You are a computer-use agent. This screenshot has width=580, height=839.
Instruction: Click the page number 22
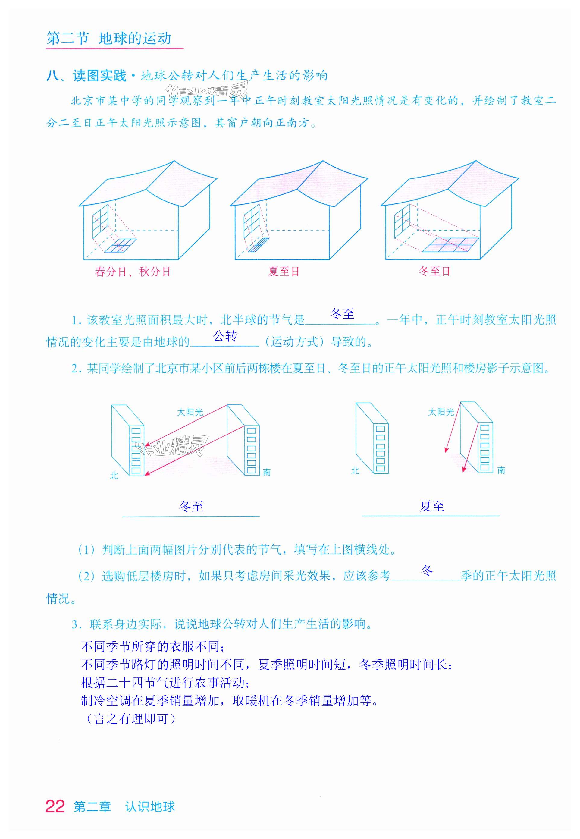[55, 806]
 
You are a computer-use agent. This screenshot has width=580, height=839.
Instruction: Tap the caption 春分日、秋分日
[132, 272]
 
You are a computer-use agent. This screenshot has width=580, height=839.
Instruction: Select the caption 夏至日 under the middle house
[284, 271]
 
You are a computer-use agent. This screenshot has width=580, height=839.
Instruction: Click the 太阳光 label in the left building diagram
[190, 412]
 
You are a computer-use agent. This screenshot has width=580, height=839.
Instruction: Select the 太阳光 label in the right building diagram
[441, 412]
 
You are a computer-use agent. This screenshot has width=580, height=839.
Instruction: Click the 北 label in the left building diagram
[114, 475]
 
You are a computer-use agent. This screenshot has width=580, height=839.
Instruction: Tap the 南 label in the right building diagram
[501, 470]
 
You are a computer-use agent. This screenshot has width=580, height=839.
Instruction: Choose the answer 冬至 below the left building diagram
[191, 506]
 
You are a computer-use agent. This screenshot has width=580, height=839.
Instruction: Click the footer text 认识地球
[150, 807]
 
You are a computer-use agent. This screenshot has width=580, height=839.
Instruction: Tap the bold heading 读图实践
[99, 76]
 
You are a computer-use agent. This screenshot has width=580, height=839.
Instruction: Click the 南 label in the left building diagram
[267, 472]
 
